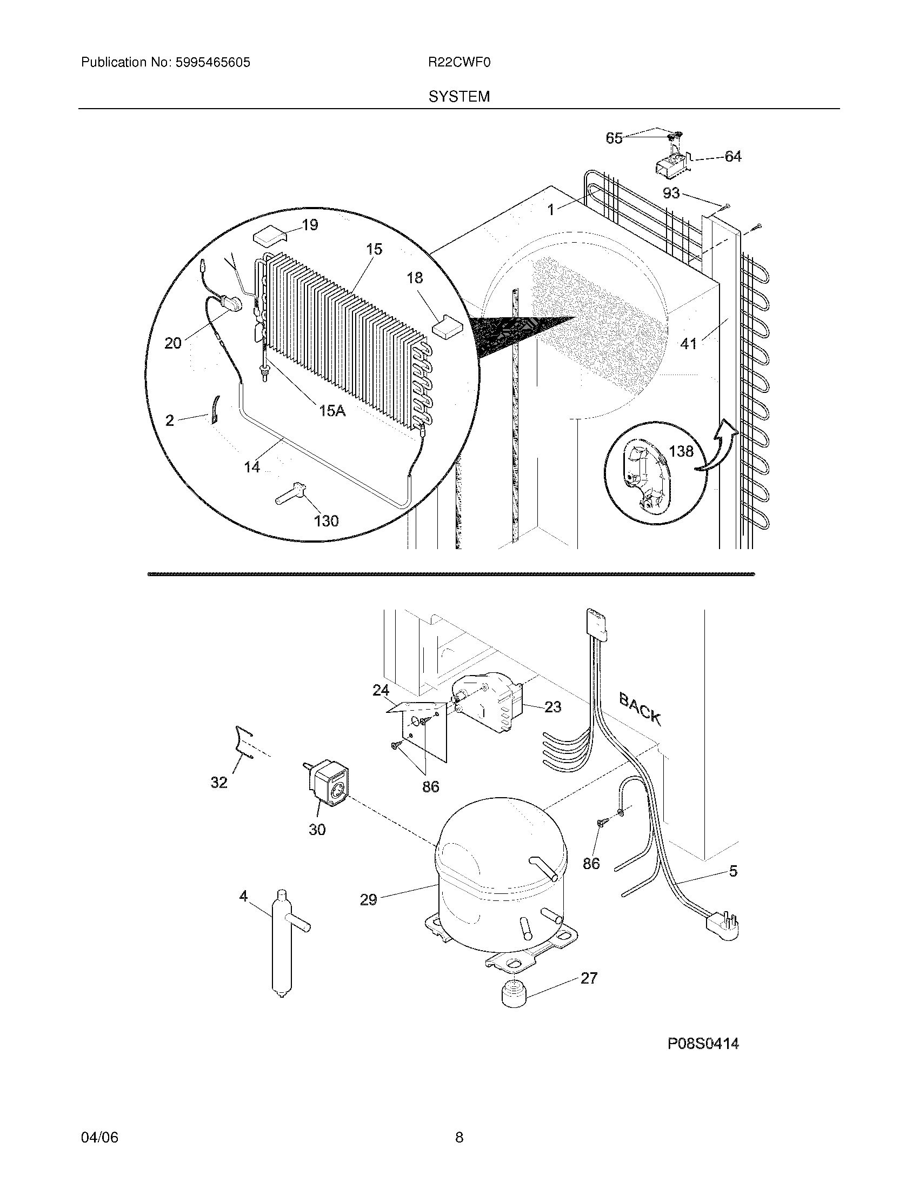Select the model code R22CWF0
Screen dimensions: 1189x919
[x=459, y=63]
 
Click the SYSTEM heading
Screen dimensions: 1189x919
[x=459, y=97]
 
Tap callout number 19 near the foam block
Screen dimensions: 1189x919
[x=310, y=225]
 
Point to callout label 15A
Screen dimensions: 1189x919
[x=332, y=411]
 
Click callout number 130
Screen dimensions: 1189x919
[x=326, y=521]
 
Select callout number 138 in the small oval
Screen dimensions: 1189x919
[x=681, y=451]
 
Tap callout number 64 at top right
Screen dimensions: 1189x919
[x=733, y=157]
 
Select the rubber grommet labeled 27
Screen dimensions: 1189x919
[x=512, y=994]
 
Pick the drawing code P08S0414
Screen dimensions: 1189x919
[x=703, y=1044]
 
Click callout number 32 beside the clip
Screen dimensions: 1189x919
[x=219, y=783]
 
